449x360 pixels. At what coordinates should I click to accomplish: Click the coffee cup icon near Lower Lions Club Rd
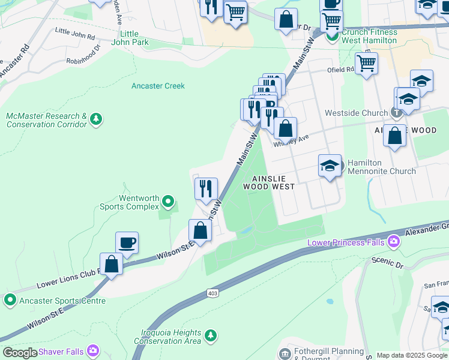point(127,243)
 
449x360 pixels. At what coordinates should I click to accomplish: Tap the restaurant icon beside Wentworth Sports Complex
point(206,188)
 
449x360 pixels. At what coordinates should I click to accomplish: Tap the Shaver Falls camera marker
point(93,350)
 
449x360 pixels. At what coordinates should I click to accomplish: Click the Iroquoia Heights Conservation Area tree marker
point(209,334)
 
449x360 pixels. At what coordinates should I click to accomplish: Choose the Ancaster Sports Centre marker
point(10,299)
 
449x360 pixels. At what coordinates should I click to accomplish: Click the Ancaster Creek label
point(158,86)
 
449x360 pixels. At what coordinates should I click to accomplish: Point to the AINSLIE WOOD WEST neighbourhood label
point(268,182)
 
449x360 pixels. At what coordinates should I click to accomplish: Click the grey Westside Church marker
point(396,113)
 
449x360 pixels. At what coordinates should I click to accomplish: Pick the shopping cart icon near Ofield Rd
point(366,62)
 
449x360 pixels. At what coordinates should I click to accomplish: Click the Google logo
point(20,353)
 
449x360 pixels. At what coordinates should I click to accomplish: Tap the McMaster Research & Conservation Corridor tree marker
point(95,121)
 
